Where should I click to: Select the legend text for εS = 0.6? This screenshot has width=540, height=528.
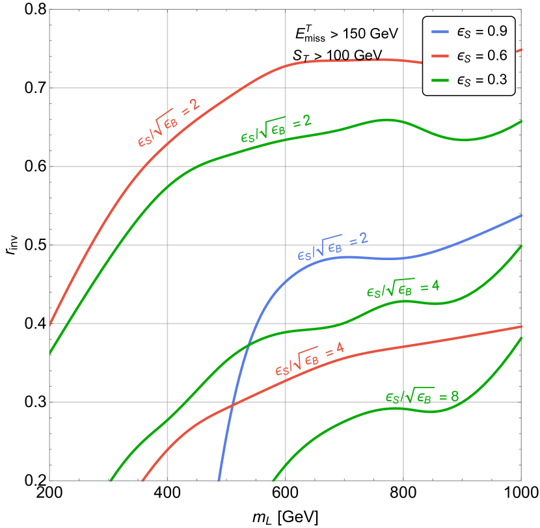pos(481,56)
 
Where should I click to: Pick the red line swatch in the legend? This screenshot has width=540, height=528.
pos(440,56)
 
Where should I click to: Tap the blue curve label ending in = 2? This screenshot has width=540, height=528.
pos(332,246)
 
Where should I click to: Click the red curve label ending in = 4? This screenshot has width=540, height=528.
pos(309,360)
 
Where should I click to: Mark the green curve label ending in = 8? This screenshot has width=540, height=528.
pos(422,397)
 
